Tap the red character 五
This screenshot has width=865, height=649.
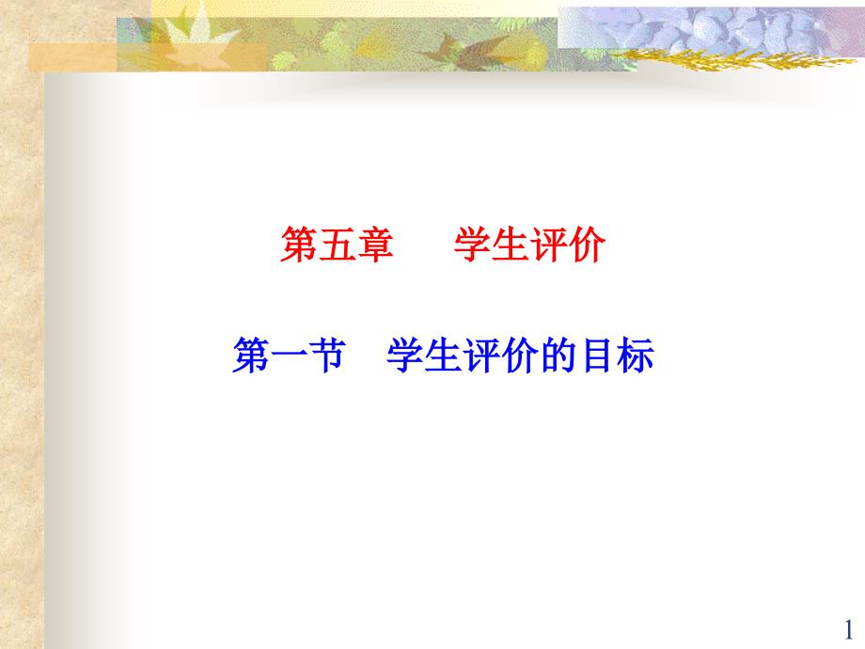pyautogui.click(x=337, y=245)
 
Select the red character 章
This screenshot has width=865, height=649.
pyautogui.click(x=375, y=245)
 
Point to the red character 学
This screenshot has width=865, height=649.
pyautogui.click(x=473, y=245)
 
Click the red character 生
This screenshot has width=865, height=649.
pyautogui.click(x=511, y=245)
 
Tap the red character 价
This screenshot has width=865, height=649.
pyautogui.click(x=587, y=245)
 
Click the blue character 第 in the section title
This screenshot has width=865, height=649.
pyautogui.click(x=251, y=356)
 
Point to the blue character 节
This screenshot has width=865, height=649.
pyautogui.click(x=327, y=356)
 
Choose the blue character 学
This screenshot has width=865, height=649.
pyautogui.click(x=405, y=356)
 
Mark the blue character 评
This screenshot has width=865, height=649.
pyautogui.click(x=481, y=356)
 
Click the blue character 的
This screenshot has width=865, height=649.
pyautogui.click(x=558, y=356)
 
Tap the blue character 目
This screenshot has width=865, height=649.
pyautogui.click(x=596, y=356)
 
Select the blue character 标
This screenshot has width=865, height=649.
pyautogui.click(x=635, y=356)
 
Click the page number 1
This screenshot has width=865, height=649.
pyautogui.click(x=848, y=629)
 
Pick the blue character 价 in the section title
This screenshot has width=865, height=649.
pyautogui.click(x=520, y=356)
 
